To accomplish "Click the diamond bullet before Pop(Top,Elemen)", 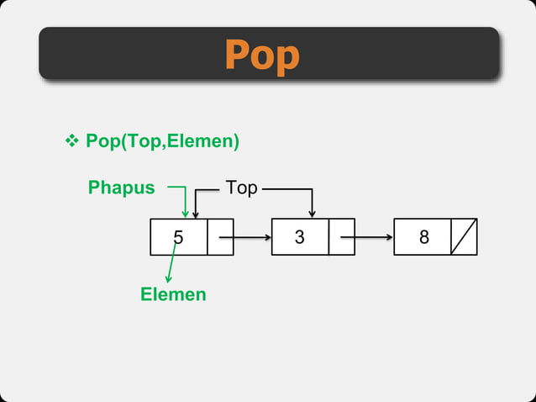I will pos(71,141).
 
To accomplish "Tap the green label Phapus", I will pos(122,188).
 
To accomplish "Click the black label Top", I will pos(241,188).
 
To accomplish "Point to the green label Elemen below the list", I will pos(173,294).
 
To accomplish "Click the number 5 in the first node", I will pos(178,237).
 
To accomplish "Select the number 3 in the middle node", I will pos(300,237).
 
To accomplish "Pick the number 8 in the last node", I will pos(423,237).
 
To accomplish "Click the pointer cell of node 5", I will pos(220,237).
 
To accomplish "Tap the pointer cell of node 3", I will pos(342,237).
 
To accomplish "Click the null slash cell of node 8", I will pos(464,237).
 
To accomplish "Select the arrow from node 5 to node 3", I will pos(252,237).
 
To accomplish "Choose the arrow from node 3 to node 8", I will pos(374,237).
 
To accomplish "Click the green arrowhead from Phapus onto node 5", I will pos(185,213).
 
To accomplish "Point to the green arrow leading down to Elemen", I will pos(171,265).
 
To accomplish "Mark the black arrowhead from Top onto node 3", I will pos(312,214).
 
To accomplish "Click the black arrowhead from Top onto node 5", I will pos(195,214).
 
